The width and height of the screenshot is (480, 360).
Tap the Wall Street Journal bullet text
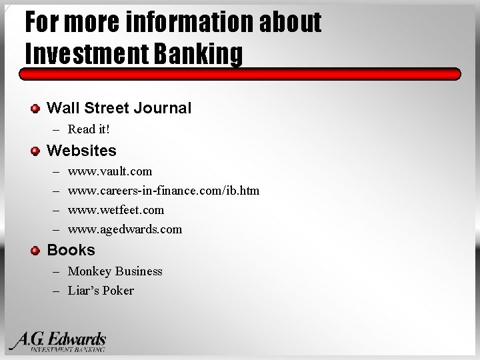(x=119, y=108)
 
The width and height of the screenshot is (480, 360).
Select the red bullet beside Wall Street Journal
(x=35, y=108)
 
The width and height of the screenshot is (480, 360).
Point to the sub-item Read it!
(x=89, y=129)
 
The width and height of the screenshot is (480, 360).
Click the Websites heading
(x=81, y=151)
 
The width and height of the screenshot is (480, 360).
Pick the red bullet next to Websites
(x=35, y=151)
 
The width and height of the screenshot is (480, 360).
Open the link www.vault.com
(x=110, y=171)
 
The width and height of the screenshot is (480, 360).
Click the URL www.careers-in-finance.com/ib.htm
(x=163, y=191)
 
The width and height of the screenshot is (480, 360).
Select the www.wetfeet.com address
(x=116, y=210)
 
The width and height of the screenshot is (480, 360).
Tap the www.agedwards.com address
(x=125, y=229)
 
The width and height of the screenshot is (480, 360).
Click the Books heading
(x=71, y=250)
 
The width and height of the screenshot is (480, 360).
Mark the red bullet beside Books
(x=35, y=250)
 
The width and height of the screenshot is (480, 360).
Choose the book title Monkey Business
(x=115, y=271)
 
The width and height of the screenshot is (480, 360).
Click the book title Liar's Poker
(x=101, y=291)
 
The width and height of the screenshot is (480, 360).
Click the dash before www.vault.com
(x=55, y=171)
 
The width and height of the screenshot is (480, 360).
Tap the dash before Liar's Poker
(x=55, y=291)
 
